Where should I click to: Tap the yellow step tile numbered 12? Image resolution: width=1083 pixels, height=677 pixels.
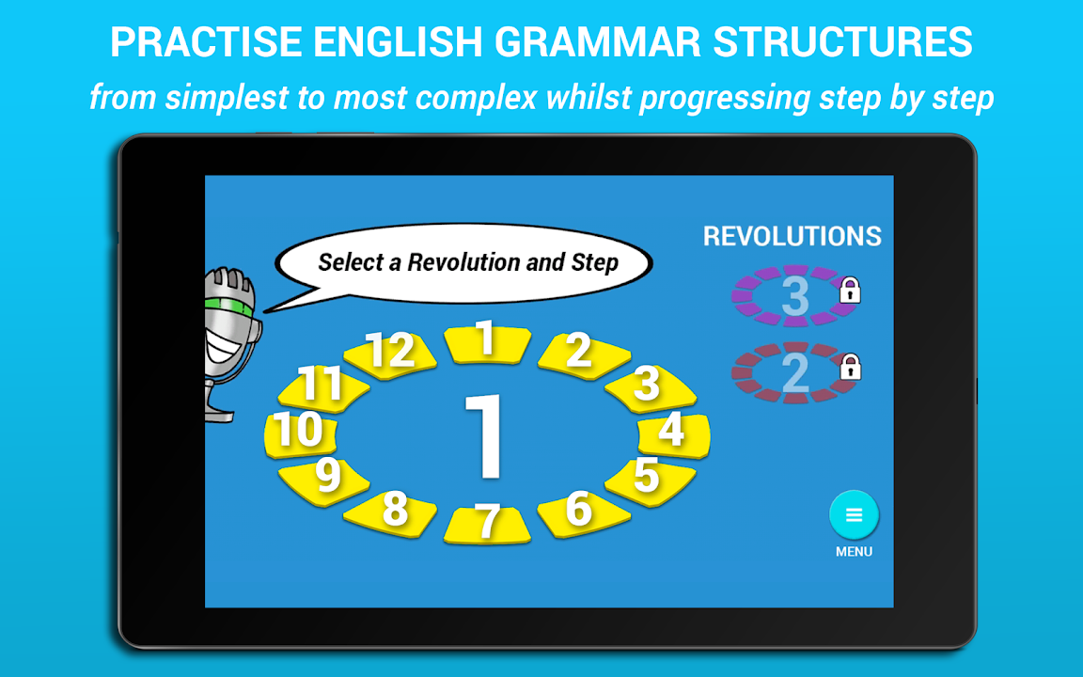point(390,353)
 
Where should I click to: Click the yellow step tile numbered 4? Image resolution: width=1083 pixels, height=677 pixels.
point(673,435)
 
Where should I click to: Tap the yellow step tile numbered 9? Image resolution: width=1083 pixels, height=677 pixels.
point(323,481)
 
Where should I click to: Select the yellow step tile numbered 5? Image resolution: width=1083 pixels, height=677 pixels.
point(650,481)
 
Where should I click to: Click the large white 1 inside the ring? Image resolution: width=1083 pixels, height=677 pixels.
point(484,435)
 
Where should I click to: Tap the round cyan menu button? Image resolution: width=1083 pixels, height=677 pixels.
point(854,514)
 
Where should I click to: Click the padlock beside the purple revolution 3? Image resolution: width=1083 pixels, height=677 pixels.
point(850,291)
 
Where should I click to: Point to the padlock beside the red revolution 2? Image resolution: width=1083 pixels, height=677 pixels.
point(850,367)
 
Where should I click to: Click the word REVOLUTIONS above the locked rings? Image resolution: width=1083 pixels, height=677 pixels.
point(793,236)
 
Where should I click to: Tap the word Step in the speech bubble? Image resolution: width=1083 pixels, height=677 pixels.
point(595,262)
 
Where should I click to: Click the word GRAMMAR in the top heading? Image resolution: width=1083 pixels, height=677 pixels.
point(598,42)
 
